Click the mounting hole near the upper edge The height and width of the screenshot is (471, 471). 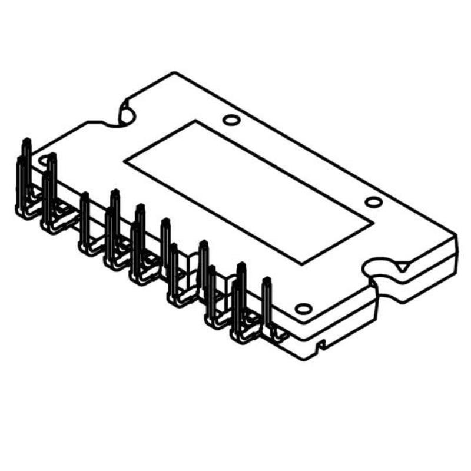tap(232, 121)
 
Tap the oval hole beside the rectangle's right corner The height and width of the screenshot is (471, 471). tap(373, 202)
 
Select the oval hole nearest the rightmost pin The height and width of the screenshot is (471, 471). tap(303, 309)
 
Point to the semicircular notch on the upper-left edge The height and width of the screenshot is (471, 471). tap(125, 112)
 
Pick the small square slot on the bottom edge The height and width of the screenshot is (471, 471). tap(321, 346)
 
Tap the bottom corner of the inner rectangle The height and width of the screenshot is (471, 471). tap(304, 262)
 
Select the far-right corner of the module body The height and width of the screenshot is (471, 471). tap(456, 235)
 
